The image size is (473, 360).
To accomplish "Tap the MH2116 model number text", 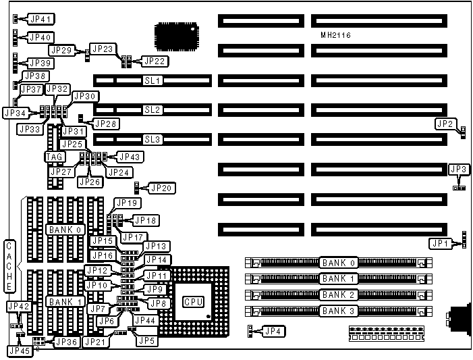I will point(335,35).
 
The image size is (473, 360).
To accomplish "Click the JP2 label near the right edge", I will point(445,124).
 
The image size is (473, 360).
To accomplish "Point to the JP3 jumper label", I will point(458,169).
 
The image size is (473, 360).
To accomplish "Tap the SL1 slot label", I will point(152,80).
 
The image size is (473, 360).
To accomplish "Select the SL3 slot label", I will point(152,140).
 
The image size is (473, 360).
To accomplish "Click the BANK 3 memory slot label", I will point(338,311).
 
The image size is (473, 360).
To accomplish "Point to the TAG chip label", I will point(55,157).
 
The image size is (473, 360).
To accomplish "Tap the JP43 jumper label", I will point(129,157).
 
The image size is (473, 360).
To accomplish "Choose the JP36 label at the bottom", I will point(66,342).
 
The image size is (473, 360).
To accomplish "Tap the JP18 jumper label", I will point(146,220).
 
